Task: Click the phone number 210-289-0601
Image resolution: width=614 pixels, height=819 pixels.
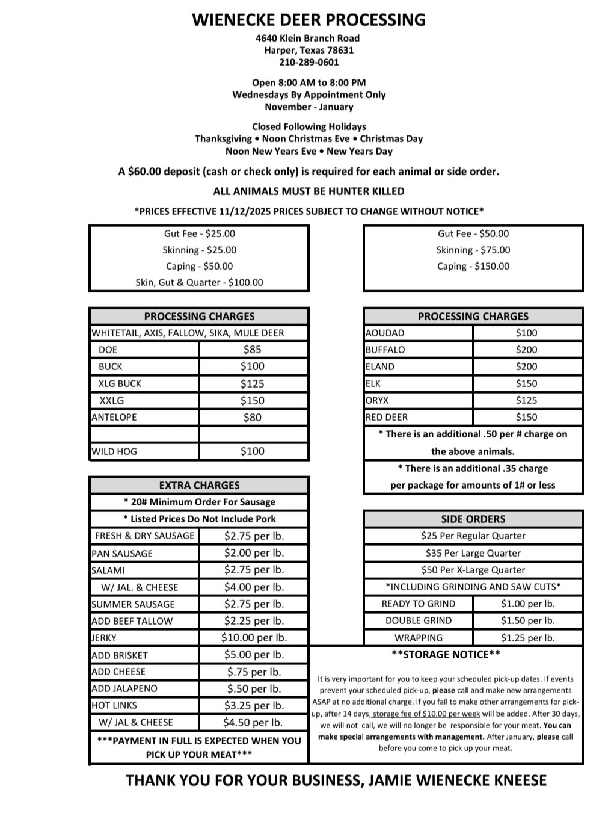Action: [309, 62]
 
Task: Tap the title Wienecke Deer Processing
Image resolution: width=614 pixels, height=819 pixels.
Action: [309, 20]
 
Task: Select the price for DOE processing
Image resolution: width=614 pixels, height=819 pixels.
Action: [253, 350]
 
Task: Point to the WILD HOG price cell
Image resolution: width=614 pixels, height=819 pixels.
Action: [253, 451]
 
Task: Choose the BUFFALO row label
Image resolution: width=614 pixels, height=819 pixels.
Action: [385, 350]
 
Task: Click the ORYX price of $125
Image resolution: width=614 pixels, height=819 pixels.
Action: [526, 400]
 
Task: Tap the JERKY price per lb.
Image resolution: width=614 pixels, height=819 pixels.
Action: [254, 637]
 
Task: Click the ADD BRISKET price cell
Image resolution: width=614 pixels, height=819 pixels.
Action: [254, 654]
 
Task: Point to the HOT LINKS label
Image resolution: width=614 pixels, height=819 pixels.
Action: [114, 705]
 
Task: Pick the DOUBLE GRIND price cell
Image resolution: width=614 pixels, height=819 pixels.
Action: [527, 620]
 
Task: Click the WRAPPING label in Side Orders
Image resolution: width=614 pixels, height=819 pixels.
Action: [419, 638]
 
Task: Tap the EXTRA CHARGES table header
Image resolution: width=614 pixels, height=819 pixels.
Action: [199, 485]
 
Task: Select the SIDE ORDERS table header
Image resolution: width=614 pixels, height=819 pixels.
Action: [473, 519]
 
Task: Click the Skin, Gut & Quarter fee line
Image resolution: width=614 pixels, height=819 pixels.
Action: [199, 282]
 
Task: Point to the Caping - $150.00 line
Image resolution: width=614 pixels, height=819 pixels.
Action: [473, 266]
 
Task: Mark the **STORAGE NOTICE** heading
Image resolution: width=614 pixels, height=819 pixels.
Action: [446, 654]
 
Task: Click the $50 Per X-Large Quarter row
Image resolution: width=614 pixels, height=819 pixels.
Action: [473, 570]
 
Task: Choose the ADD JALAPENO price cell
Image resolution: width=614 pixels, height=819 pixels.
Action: [254, 688]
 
